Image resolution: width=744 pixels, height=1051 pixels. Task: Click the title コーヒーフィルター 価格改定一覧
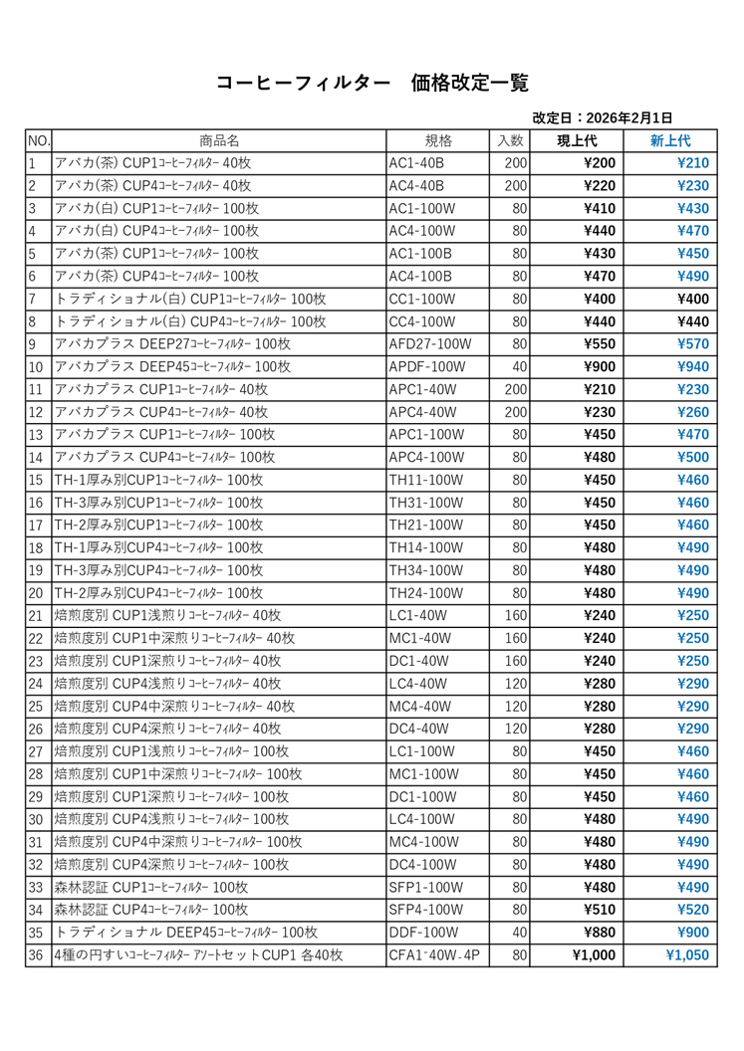(x=372, y=83)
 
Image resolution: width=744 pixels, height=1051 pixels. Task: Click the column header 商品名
(x=218, y=140)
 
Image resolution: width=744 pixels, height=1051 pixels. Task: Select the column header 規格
(x=438, y=140)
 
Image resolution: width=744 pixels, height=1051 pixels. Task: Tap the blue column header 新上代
(x=669, y=140)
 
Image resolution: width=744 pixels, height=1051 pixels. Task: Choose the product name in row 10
(x=172, y=367)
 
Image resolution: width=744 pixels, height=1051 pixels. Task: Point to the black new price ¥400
(x=692, y=300)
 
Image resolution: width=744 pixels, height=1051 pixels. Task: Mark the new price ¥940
(x=692, y=367)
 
